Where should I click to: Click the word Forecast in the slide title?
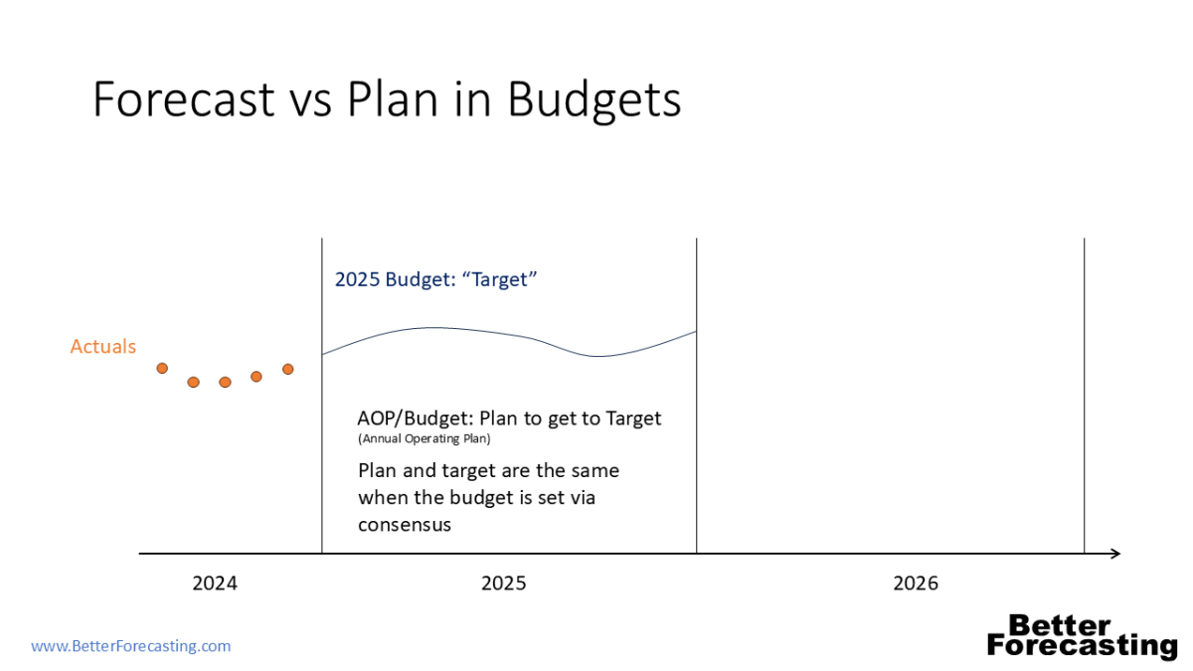tap(184, 99)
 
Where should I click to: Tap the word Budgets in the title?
tap(595, 101)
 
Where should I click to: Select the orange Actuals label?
tap(102, 346)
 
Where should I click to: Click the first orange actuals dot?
tap(162, 368)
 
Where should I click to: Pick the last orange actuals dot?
tap(288, 369)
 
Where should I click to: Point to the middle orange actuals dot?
tap(226, 382)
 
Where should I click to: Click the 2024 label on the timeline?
tap(215, 584)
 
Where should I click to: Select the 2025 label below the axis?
tap(504, 584)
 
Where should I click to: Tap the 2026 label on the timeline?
tap(916, 584)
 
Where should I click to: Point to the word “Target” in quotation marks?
tap(499, 279)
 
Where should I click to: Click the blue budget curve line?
tap(509, 332)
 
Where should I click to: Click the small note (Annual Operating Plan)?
tap(424, 438)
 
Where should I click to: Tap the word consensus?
tap(405, 525)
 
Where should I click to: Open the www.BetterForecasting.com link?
tap(131, 646)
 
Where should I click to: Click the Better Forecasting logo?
tap(1083, 636)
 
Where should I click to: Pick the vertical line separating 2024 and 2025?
tap(322, 396)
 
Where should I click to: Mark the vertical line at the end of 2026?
tap(1084, 396)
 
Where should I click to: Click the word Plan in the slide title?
tap(393, 99)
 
